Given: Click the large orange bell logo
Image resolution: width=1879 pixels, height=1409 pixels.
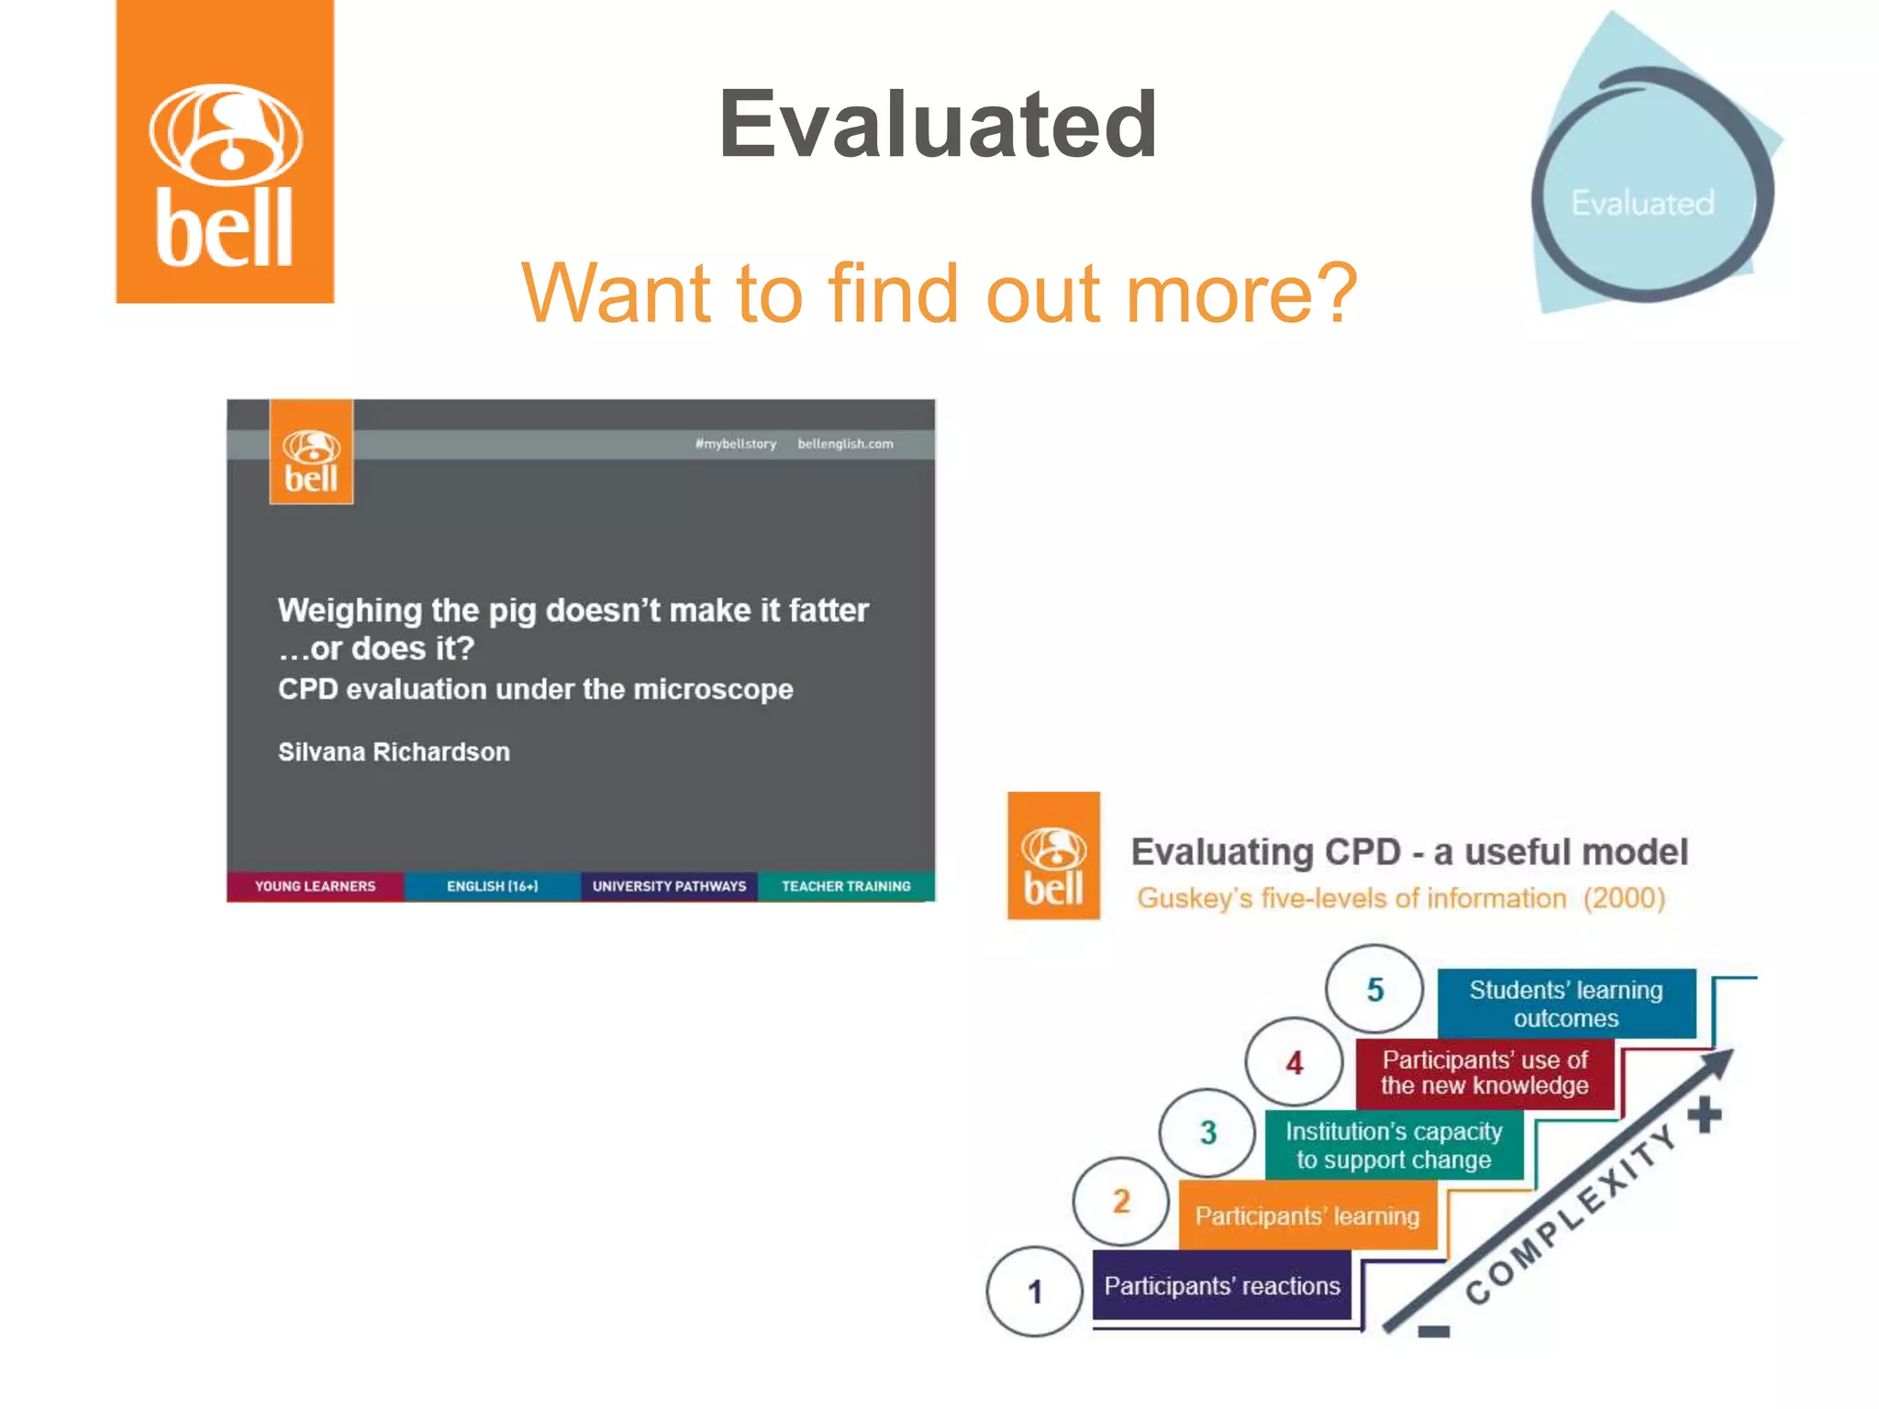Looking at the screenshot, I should point(225,152).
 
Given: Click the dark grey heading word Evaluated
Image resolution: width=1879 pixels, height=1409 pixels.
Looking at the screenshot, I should point(938,125).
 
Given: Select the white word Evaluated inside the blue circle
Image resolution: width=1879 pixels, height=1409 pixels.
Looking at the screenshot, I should point(1642,203).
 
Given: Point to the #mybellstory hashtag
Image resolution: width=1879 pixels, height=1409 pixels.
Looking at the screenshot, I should point(736,444).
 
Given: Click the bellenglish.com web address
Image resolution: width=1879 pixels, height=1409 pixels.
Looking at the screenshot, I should point(845,444).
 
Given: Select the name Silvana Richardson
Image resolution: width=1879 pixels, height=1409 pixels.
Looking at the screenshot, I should point(394,752).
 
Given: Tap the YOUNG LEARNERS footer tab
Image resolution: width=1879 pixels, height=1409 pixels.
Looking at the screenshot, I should point(315,886).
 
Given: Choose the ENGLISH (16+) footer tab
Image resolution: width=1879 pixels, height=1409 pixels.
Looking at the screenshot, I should point(492,886).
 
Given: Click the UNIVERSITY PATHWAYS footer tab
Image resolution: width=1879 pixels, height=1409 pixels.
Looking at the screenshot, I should point(669,886).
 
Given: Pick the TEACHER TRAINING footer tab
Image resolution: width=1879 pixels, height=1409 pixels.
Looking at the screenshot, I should point(846,886).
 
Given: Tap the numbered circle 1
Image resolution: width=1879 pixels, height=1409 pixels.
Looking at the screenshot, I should point(1035,1292).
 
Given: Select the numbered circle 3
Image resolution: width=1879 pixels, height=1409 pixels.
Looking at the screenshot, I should point(1207,1133).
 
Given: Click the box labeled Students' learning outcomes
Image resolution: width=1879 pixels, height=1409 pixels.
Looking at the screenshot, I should point(1566,1004).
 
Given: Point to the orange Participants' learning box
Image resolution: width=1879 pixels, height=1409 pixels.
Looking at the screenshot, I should point(1307,1216).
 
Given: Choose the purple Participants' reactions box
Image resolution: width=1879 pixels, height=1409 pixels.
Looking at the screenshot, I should point(1222,1286).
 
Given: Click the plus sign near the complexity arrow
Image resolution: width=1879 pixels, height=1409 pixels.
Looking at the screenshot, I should point(1705,1115).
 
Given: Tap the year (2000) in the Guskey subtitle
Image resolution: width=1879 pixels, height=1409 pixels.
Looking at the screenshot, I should point(1624,898).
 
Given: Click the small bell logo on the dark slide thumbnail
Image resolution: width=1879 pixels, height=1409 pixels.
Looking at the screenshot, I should point(311,452).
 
